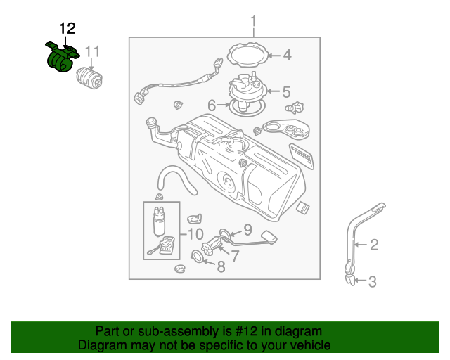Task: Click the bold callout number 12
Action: [67, 28]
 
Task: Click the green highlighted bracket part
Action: [61, 57]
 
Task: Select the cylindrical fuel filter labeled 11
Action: [89, 78]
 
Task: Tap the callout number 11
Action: [92, 51]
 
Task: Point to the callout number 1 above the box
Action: [253, 21]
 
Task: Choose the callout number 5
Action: [286, 91]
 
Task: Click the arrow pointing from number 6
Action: [224, 105]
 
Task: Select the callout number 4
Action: [288, 55]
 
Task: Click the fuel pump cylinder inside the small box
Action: [159, 221]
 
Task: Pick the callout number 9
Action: [247, 230]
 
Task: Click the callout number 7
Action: [235, 256]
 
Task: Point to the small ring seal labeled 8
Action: [198, 256]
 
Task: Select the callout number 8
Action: [221, 266]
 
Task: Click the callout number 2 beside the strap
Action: [374, 245]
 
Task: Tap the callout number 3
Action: [372, 282]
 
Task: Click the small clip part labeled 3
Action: [350, 280]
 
